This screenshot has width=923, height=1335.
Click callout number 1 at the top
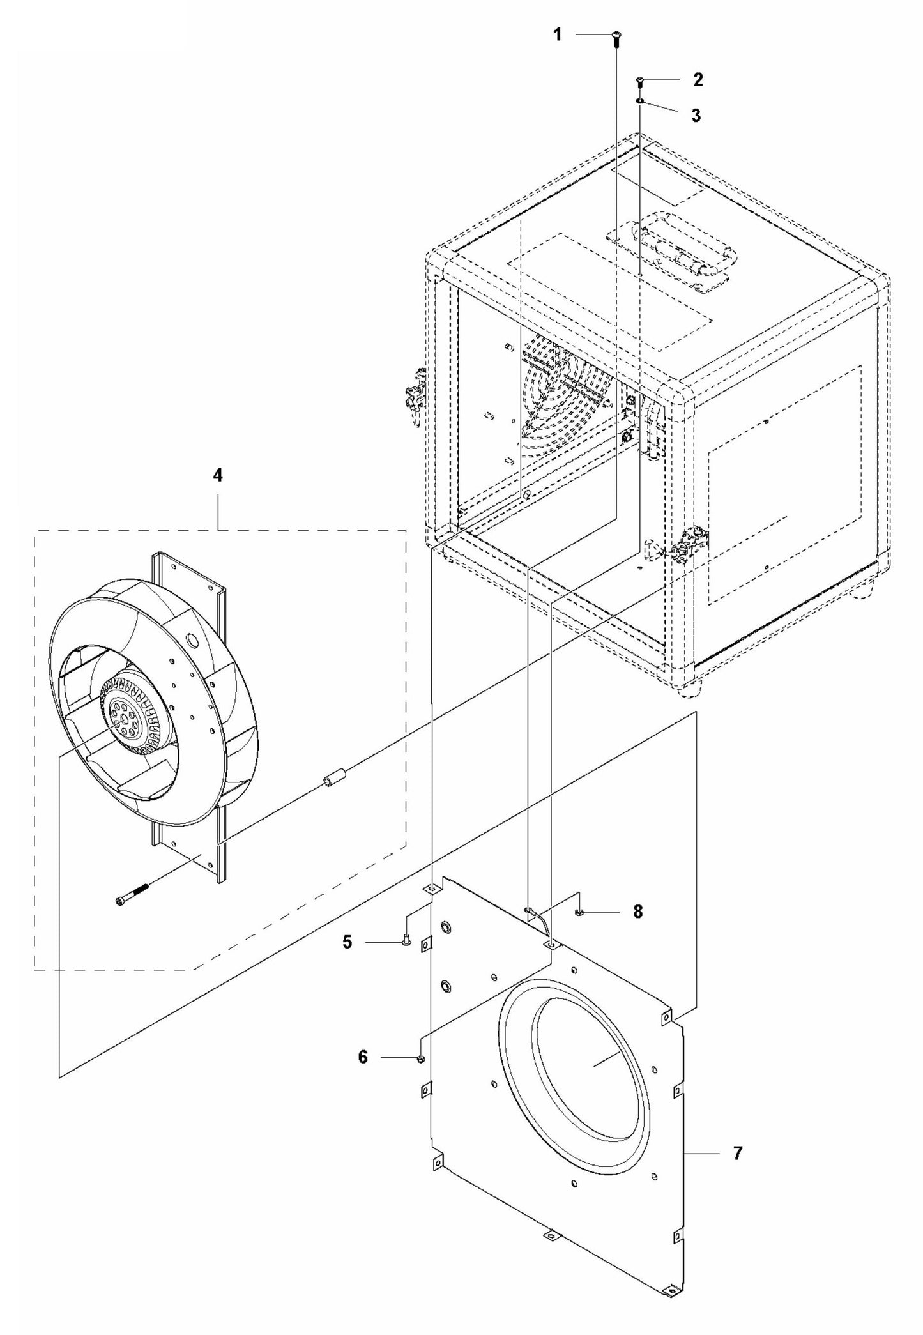pos(557,34)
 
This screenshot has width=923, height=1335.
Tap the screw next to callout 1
pos(616,38)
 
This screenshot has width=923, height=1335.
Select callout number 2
pos(698,80)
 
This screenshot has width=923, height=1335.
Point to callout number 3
pos(696,116)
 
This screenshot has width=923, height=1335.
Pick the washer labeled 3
pos(639,101)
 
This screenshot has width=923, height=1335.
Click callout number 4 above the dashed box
pos(218,475)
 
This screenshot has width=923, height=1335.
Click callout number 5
pos(347,942)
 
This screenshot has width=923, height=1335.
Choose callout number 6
pos(363,1057)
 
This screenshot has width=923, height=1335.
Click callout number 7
pos(738,1154)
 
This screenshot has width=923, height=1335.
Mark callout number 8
pos(637,912)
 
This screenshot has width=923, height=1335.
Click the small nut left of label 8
pos(577,912)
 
